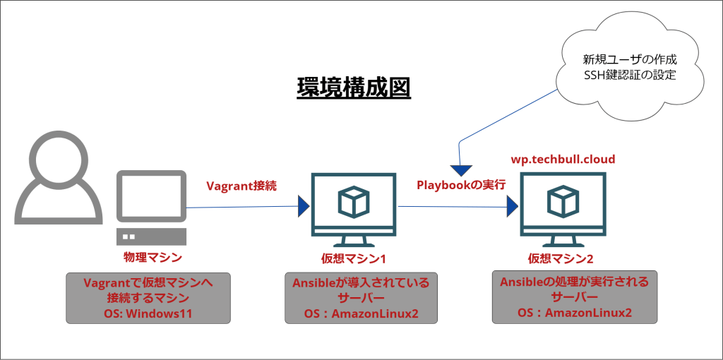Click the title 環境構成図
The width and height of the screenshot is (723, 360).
(x=353, y=88)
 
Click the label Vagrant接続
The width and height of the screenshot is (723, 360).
(x=241, y=186)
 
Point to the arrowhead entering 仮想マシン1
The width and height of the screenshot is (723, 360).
(x=304, y=207)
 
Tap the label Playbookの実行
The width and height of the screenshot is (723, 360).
(x=460, y=185)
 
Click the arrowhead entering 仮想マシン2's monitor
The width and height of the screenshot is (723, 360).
(x=513, y=207)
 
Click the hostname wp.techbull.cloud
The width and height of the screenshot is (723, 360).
(x=563, y=160)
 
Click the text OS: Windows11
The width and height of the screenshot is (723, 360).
(x=148, y=313)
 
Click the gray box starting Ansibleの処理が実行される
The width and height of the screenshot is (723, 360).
(x=574, y=296)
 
